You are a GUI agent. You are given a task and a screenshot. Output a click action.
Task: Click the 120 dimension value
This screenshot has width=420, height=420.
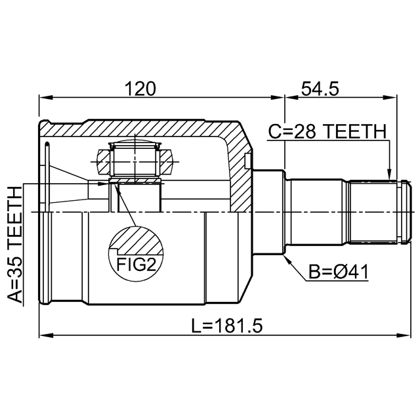[140, 89]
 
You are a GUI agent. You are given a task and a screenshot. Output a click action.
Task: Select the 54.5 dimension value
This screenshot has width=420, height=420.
[320, 89]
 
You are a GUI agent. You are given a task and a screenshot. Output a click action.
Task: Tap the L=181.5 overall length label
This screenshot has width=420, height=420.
[227, 325]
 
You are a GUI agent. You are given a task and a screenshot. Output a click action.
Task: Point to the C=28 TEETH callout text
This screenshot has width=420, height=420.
[327, 131]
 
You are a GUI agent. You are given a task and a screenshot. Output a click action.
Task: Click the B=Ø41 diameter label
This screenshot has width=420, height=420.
[339, 272]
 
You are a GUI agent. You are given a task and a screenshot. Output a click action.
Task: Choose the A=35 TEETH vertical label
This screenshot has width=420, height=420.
[14, 245]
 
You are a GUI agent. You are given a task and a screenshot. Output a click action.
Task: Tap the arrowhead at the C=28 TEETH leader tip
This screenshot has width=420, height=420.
[389, 175]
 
